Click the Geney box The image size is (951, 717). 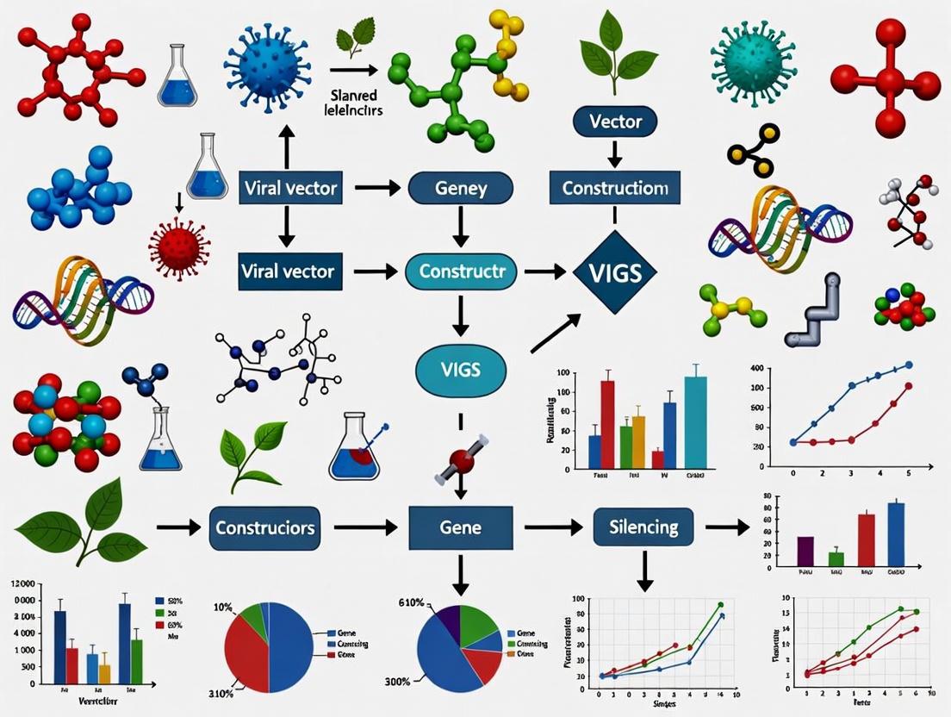point(461,187)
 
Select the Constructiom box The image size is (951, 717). point(615,187)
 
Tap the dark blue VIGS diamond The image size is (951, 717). point(615,272)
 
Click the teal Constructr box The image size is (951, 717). point(461,271)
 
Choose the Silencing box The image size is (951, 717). point(643,525)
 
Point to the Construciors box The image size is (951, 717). point(264,527)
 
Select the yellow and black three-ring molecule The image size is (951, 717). point(753,145)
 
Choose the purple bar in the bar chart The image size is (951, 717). point(805,550)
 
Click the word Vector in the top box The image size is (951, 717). point(615,122)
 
